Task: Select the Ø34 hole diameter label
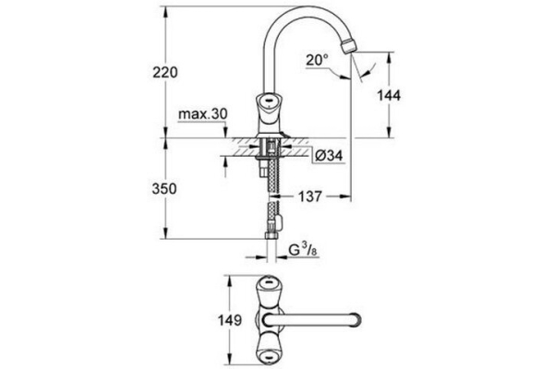[x=329, y=155]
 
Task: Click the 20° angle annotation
[x=316, y=58]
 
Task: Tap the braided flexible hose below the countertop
[x=272, y=189]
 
